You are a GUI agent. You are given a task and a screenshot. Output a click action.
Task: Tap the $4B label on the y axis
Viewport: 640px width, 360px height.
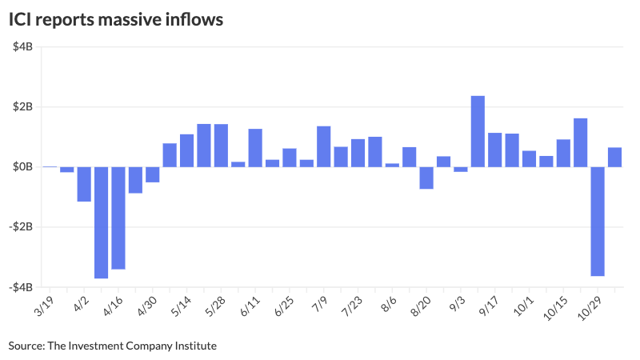point(22,47)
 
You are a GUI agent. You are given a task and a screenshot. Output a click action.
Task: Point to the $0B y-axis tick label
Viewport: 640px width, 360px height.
point(22,167)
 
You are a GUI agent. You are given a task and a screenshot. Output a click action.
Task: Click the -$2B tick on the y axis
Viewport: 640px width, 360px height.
point(20,227)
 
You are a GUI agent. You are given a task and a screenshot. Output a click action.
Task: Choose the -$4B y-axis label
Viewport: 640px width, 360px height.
point(20,287)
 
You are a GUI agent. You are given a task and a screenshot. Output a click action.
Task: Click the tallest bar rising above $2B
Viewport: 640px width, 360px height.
point(478,131)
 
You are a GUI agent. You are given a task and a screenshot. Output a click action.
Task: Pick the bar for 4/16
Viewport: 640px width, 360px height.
point(118,218)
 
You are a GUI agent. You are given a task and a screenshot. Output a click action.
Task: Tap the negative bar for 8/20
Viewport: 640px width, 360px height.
point(426,178)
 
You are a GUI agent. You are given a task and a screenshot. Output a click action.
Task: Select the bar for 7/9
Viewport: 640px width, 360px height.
point(324,146)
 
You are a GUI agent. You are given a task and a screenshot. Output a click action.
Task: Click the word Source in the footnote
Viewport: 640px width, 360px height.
point(26,346)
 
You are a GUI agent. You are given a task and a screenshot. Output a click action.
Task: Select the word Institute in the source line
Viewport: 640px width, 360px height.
point(194,346)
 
